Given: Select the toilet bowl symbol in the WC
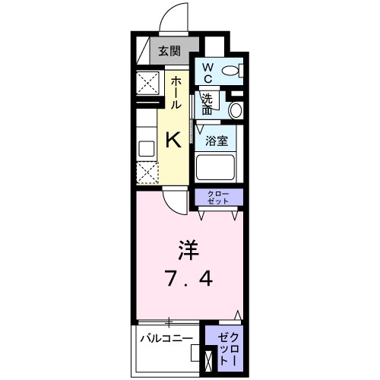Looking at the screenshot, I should pos(231,72).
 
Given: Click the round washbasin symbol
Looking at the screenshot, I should pos(235,110).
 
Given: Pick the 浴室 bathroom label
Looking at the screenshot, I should pos(216,140).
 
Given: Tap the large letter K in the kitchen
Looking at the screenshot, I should pos(173,139).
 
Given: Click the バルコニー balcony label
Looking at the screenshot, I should pos(169,337).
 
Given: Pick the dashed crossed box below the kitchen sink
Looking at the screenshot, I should pos(146,172).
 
